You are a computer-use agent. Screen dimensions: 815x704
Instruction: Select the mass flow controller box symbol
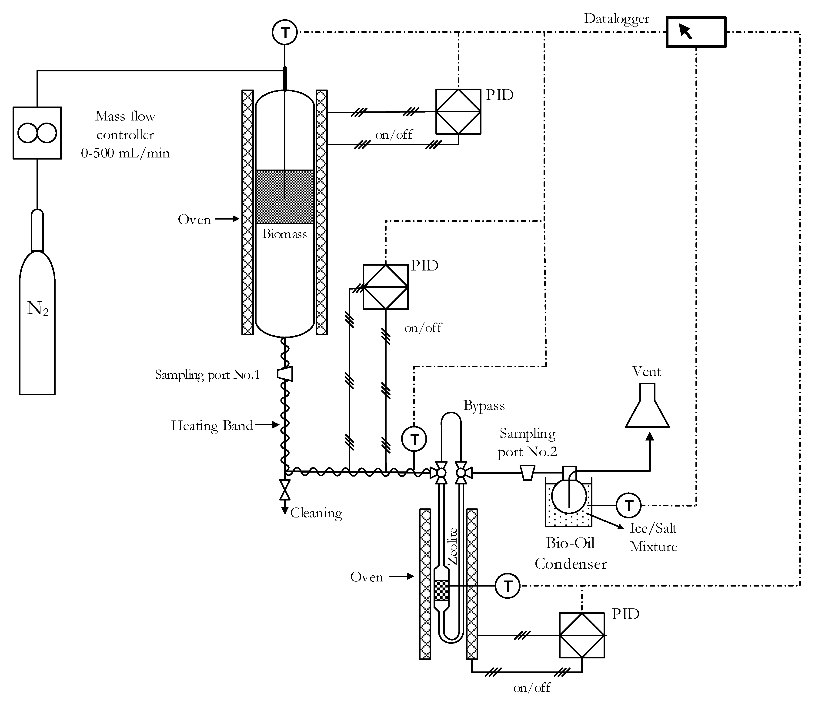pyautogui.click(x=37, y=133)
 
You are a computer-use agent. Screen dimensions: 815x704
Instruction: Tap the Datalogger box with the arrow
pyautogui.click(x=696, y=32)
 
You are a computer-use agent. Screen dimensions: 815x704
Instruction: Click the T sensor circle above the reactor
pyautogui.click(x=285, y=32)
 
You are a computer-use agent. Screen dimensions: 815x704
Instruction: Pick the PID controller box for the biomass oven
pyautogui.click(x=458, y=112)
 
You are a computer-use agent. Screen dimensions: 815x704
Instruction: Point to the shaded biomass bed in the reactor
pyautogui.click(x=285, y=197)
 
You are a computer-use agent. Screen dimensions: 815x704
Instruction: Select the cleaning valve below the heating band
pyautogui.click(x=285, y=490)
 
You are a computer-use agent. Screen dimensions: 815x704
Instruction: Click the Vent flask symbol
pyautogui.click(x=647, y=405)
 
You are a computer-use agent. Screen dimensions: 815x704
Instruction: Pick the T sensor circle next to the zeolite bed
pyautogui.click(x=508, y=586)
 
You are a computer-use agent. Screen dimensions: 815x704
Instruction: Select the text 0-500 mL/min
pyautogui.click(x=125, y=153)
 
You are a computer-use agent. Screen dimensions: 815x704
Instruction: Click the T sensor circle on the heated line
pyautogui.click(x=414, y=439)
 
